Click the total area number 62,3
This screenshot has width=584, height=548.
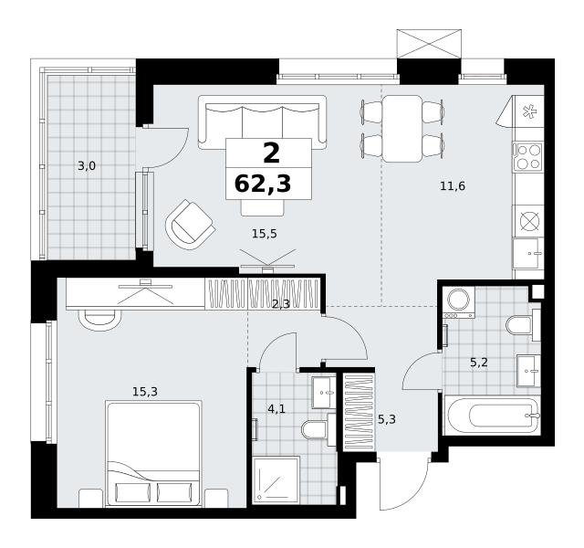(x=263, y=184)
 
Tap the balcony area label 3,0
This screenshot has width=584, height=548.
(x=87, y=166)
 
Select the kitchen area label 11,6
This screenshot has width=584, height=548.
(x=453, y=185)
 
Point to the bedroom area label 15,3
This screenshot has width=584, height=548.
(x=145, y=392)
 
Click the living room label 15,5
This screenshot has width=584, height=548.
(x=264, y=234)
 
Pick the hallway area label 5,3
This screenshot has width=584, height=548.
(x=387, y=419)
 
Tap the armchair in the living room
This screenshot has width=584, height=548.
(x=190, y=225)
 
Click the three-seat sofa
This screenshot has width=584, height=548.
(x=262, y=122)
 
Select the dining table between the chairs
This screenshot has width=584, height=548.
(x=402, y=129)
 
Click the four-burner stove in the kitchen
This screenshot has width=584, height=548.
(x=527, y=157)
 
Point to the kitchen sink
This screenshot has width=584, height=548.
(x=527, y=254)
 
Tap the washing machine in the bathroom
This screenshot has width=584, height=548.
(x=458, y=302)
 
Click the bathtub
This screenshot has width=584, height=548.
(x=493, y=416)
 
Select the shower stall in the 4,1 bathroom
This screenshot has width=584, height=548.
(x=276, y=480)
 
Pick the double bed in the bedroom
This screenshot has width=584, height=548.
(x=154, y=454)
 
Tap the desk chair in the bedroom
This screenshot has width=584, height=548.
(x=99, y=320)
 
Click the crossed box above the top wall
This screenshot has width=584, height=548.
(x=429, y=44)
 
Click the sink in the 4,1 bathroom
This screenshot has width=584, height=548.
(x=324, y=393)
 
